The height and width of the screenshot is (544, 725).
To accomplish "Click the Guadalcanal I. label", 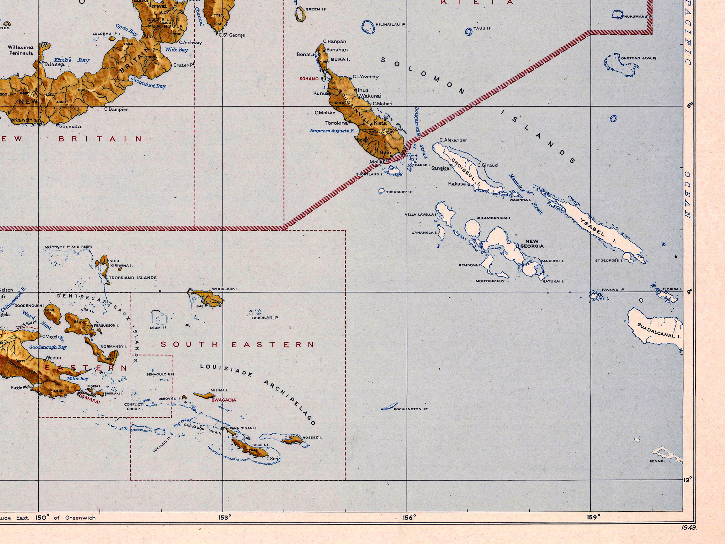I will point(659,331).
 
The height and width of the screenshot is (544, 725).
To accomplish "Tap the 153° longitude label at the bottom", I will point(225,518).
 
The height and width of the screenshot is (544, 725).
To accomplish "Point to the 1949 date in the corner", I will point(689,528).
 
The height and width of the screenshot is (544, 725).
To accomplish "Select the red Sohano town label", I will point(309,79).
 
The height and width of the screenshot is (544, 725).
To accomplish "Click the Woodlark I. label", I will point(225,289).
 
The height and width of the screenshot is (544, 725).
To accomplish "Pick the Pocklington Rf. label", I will point(411,409).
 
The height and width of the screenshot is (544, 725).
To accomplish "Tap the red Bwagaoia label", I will point(224,400).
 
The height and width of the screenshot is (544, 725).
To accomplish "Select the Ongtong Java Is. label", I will point(639,58).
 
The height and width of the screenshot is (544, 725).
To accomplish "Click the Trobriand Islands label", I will point(133,278).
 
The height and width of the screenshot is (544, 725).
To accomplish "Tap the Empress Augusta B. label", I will point(332,131).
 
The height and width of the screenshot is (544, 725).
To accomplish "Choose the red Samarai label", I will point(90,399).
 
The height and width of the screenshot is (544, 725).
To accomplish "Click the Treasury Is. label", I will point(399,192).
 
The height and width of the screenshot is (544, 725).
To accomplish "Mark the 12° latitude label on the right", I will point(687,480).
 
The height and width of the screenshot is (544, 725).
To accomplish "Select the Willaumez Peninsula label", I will point(21,50).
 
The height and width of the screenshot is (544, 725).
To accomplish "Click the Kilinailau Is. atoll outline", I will point(368,27).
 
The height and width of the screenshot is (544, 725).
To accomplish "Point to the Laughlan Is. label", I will point(265,318).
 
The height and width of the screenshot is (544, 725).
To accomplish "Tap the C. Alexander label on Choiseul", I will point(453,140).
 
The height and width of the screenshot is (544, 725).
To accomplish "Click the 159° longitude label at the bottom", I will point(593,518).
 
